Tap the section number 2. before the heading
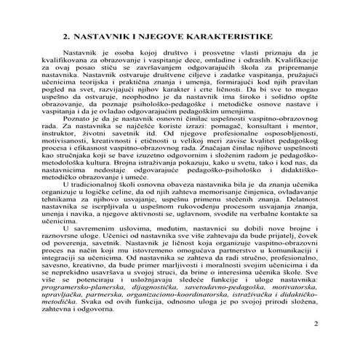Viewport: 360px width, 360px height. [x=66, y=35]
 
